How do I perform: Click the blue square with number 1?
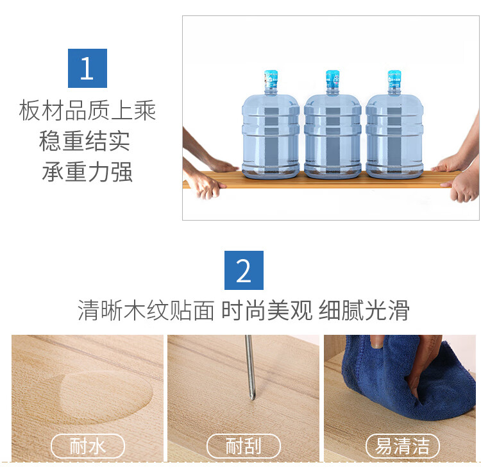87,68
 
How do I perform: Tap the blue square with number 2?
244,270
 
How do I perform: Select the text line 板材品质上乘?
87,110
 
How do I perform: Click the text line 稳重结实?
85,140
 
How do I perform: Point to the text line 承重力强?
87,171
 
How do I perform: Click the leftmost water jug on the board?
271,124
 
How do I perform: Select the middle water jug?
333,124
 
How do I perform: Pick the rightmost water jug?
394,124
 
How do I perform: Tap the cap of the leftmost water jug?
271,78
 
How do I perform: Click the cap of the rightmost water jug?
394,78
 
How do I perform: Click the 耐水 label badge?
88,446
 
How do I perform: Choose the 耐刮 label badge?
244,446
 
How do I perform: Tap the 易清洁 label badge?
403,446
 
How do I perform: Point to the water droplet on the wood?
106,396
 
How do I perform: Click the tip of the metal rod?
253,399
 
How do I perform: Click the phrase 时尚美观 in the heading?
267,310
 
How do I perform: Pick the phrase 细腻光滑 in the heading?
364,310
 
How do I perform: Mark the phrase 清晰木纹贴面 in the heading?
146,310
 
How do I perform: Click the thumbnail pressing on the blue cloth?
377,341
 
